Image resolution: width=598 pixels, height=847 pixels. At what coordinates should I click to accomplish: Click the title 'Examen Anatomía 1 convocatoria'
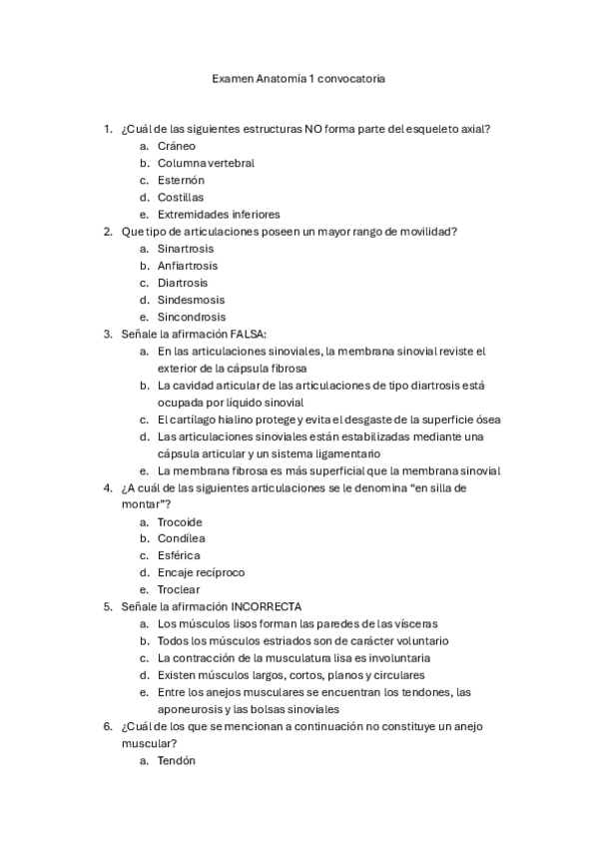coord(299,77)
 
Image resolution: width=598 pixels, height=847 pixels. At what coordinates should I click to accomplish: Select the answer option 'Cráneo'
coord(177,146)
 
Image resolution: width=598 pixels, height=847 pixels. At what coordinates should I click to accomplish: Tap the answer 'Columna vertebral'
coord(206,163)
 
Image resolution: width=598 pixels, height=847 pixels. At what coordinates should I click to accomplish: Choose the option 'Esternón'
coord(181,180)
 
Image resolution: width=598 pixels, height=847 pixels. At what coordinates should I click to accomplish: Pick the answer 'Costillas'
coord(181,197)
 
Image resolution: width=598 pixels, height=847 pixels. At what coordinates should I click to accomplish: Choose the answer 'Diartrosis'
coord(183,283)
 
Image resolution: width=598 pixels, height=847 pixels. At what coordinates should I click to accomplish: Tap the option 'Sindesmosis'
coord(191,300)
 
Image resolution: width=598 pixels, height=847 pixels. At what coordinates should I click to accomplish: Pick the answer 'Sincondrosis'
coord(192,317)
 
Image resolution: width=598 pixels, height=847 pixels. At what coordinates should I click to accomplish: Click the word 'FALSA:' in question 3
coord(248,334)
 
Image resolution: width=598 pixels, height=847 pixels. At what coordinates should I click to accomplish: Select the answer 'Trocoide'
coord(181,521)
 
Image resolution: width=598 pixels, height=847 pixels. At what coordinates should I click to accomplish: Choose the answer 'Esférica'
coord(179,555)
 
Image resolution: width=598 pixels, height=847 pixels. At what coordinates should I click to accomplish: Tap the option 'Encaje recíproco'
coord(201,572)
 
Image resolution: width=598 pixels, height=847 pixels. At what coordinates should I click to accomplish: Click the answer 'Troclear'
coord(179,589)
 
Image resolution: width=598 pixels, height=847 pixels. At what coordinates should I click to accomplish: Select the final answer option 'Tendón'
coord(177,761)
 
